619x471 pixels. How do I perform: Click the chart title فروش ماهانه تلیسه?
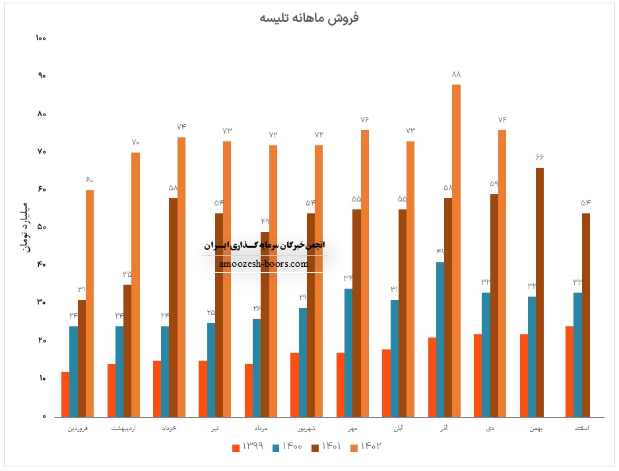[x=309, y=18]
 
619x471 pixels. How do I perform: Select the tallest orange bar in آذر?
[x=457, y=251]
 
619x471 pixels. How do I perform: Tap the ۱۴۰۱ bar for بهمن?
[x=540, y=292]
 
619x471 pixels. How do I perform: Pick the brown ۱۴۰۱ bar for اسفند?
[x=585, y=315]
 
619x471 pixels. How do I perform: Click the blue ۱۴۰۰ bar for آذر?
[x=440, y=340]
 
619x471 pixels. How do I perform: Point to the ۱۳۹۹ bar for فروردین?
[x=65, y=394]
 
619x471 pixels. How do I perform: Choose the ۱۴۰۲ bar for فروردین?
[x=90, y=304]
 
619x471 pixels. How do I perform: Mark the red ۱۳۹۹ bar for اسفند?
[x=570, y=371]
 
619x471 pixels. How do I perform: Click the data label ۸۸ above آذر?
[x=456, y=74]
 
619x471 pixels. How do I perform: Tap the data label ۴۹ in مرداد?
[x=265, y=221]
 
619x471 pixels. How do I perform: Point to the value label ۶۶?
[x=539, y=157]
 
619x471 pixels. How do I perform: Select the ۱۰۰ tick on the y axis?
[x=41, y=38]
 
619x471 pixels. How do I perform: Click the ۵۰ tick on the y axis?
[x=41, y=227]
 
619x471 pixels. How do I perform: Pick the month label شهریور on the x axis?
[x=307, y=429]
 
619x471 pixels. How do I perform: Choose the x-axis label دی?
[x=491, y=429]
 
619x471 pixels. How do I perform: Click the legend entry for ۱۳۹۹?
[x=248, y=447]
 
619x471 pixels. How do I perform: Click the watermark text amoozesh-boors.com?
[x=263, y=264]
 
